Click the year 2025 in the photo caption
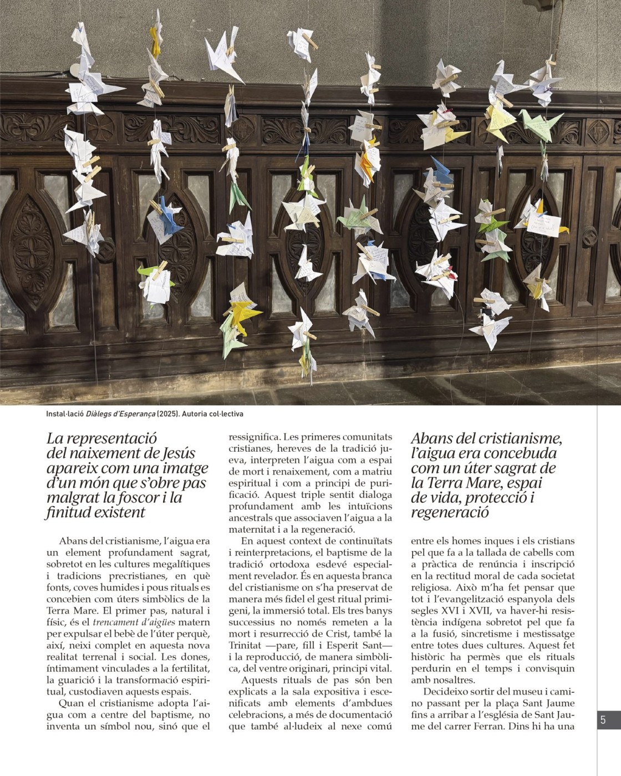167,414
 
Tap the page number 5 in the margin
603,721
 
